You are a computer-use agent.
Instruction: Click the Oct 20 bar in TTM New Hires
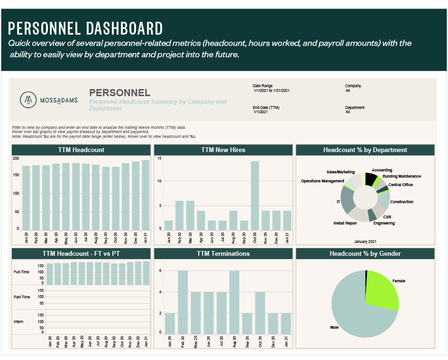255,196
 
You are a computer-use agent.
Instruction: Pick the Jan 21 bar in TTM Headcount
145,195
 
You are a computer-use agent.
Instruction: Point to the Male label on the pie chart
335,327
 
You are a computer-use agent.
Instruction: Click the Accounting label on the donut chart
382,170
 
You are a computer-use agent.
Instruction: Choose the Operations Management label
322,181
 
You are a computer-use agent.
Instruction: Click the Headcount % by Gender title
365,253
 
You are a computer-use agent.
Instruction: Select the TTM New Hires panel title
223,150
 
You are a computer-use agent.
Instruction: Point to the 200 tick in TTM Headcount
16,158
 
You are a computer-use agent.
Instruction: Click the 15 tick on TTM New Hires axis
159,158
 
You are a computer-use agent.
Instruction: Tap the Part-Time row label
22,297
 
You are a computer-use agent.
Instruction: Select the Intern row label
19,322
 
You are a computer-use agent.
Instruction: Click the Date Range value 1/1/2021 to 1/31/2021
271,90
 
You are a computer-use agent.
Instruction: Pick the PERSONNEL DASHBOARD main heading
85,28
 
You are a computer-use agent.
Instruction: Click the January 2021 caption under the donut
365,242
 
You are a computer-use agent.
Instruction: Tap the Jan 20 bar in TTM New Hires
169,225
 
